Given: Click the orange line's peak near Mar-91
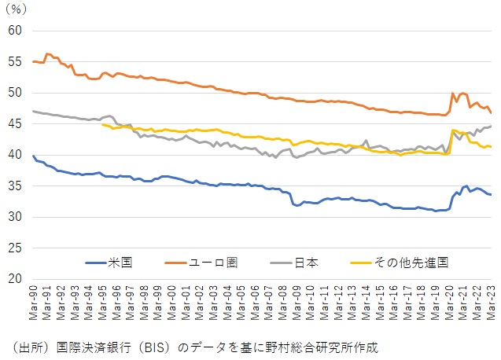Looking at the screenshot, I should pyautogui.click(x=47, y=54).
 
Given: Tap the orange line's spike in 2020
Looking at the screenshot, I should pyautogui.click(x=453, y=94).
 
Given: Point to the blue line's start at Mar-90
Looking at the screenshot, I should pyautogui.click(x=33, y=156).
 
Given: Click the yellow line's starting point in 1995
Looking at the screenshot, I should pyautogui.click(x=103, y=124).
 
